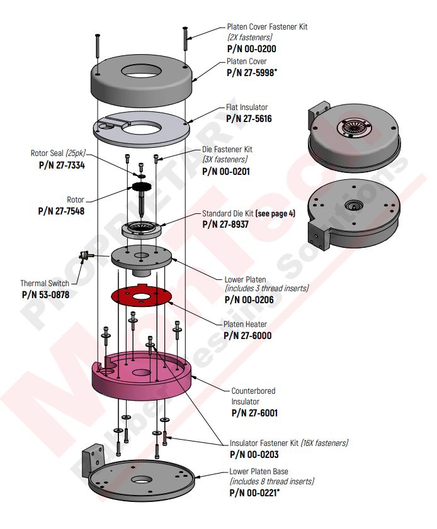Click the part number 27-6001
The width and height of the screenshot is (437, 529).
(254, 413)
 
